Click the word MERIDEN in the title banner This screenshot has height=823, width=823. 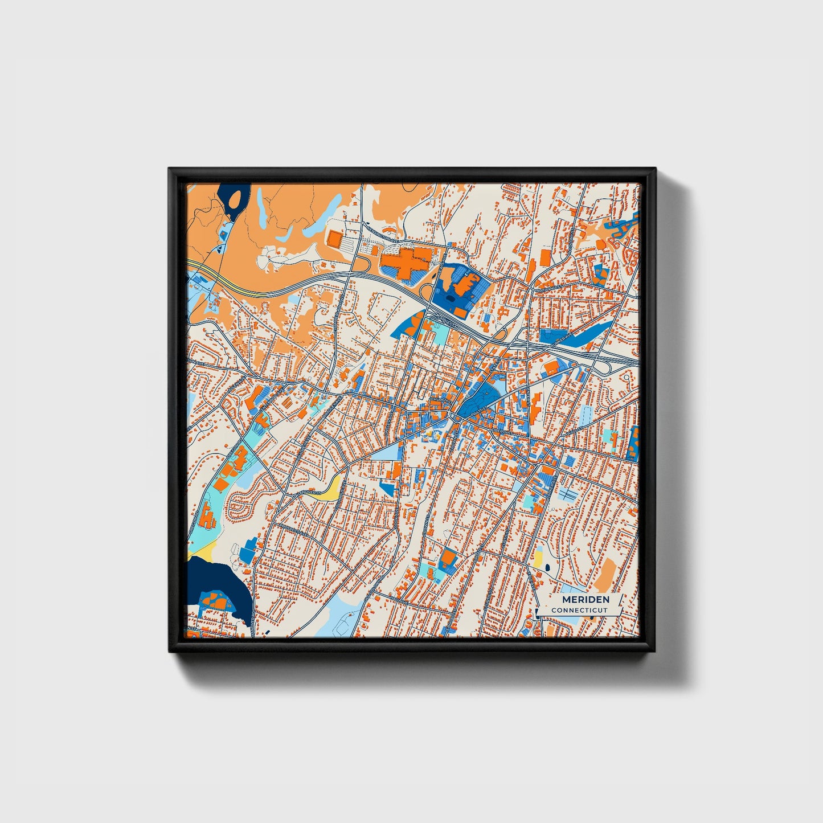[585, 600]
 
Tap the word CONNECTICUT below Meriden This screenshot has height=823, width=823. [579, 610]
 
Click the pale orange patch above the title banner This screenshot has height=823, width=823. [605, 574]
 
